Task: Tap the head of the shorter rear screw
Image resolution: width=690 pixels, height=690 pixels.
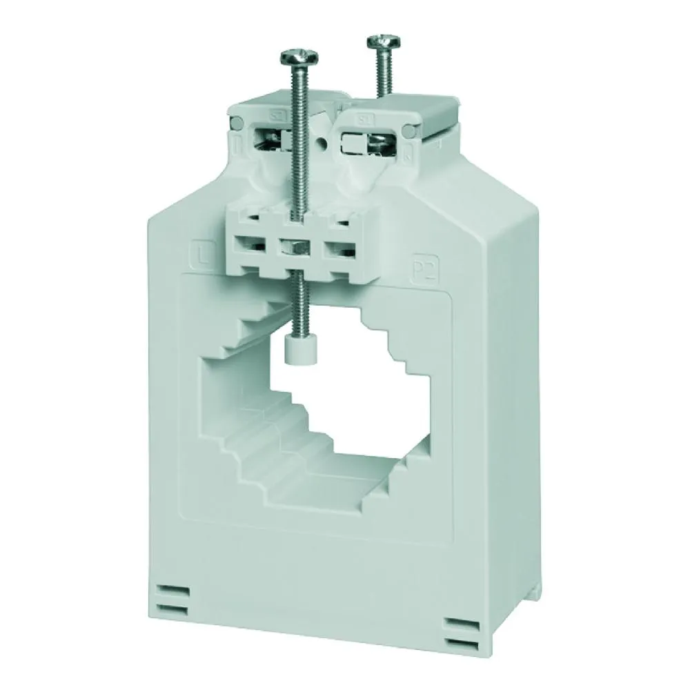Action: pyautogui.click(x=380, y=41)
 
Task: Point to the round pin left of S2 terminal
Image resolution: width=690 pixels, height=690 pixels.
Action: pyautogui.click(x=237, y=125)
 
